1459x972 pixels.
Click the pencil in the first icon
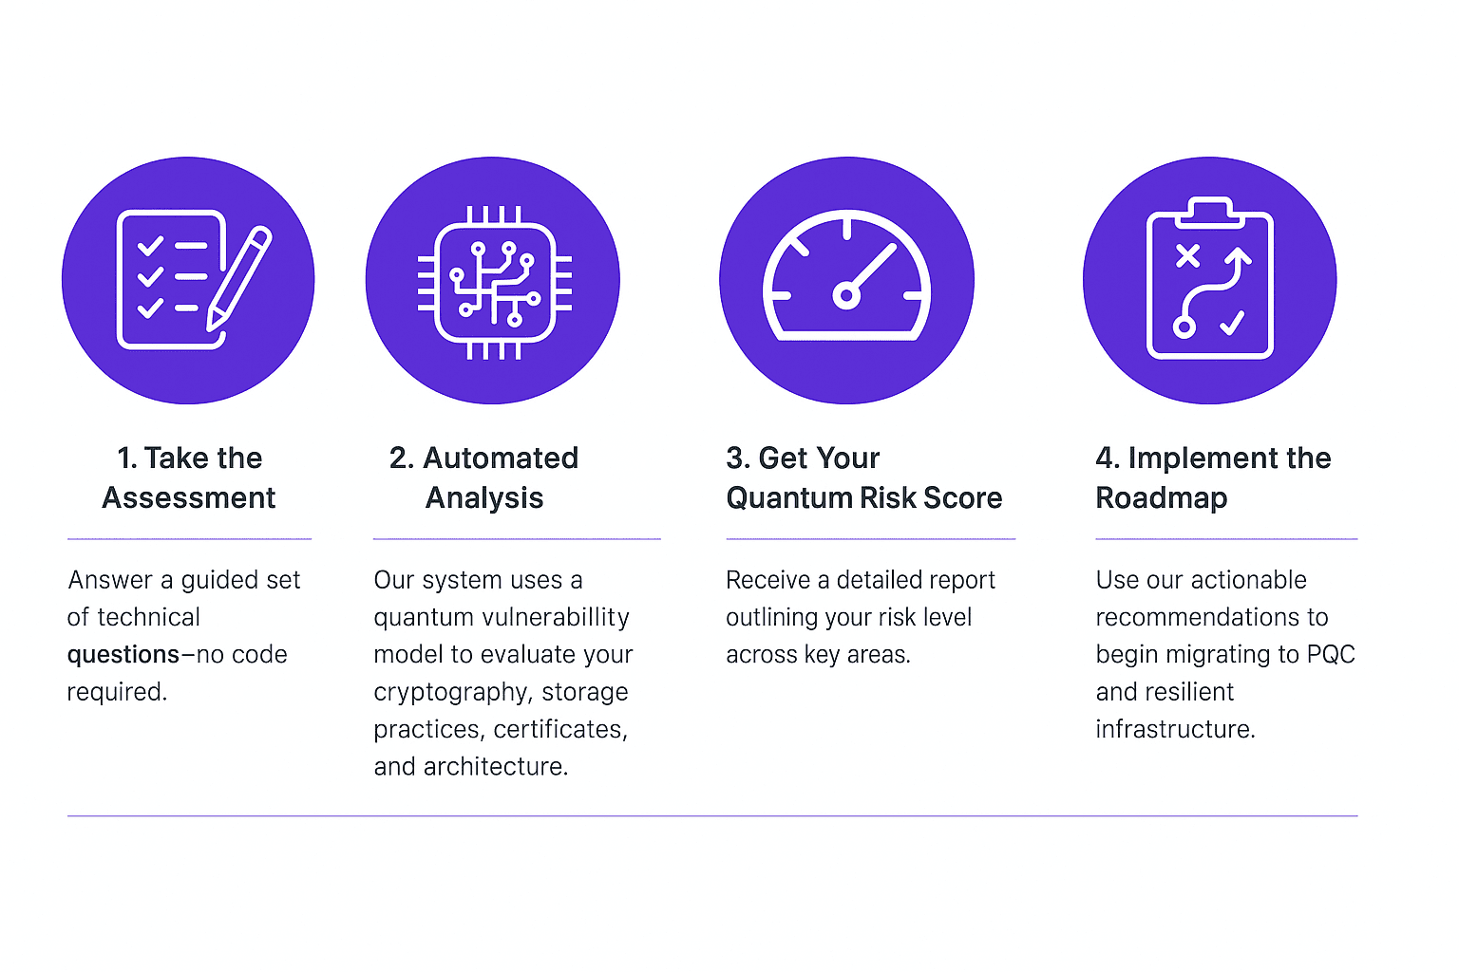(x=239, y=278)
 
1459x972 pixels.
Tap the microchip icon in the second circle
(x=494, y=283)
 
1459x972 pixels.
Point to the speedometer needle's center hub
(x=846, y=296)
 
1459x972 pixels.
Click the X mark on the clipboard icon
(x=1187, y=256)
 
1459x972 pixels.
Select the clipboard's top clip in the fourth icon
(x=1210, y=213)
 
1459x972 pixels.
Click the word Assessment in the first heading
(x=189, y=498)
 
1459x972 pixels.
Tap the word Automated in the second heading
(x=501, y=458)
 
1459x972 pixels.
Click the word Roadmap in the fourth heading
(x=1162, y=498)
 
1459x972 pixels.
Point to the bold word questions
(x=123, y=655)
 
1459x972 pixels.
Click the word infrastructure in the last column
(x=1175, y=729)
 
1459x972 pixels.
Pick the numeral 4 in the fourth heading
(x=1104, y=458)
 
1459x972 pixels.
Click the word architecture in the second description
(x=496, y=767)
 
